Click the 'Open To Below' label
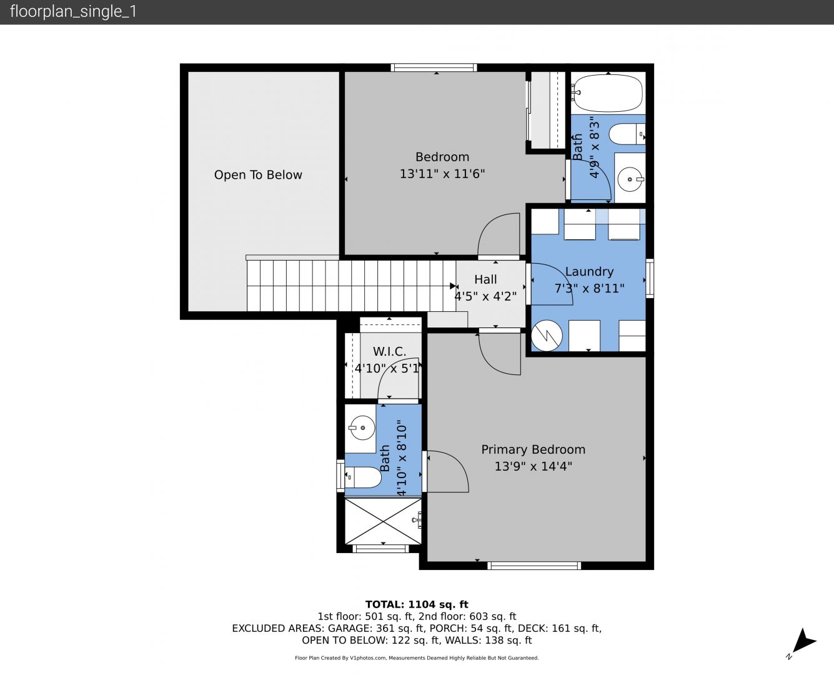point(258,175)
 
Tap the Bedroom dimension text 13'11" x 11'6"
point(442,174)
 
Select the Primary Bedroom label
point(534,449)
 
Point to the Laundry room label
point(589,271)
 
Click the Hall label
point(485,279)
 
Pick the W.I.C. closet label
point(389,351)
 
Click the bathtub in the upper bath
point(607,94)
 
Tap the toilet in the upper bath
point(627,134)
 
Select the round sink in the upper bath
point(630,179)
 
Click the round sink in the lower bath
point(362,427)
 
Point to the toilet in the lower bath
point(363,477)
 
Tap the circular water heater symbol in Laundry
point(547,336)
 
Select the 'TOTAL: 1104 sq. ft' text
point(417,604)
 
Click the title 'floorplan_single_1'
point(73,11)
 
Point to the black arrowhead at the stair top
point(453,286)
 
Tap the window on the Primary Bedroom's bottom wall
point(534,565)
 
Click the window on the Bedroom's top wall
point(434,67)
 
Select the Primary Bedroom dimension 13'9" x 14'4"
point(534,466)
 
